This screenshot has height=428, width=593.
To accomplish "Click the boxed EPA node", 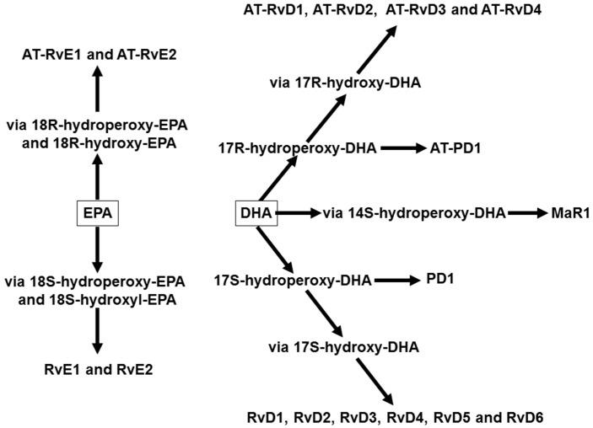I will [97, 214].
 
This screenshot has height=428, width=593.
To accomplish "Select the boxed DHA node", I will [256, 214].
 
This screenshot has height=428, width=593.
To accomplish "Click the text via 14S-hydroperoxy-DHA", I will [413, 214].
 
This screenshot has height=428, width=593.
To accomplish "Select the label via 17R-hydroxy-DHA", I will [345, 82].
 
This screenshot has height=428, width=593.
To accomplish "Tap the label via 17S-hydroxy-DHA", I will [343, 346].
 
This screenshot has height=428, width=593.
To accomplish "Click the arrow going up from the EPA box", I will [97, 177].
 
